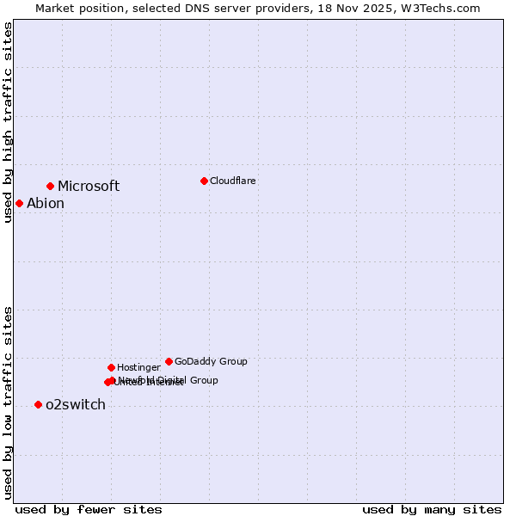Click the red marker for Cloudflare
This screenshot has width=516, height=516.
(x=204, y=181)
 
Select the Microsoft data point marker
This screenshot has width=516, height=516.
(x=51, y=186)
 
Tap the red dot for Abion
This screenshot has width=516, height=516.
(x=19, y=203)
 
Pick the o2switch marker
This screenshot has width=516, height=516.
(x=38, y=404)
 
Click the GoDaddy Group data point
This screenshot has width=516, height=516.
(x=169, y=361)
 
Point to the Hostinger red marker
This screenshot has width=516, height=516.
(x=111, y=367)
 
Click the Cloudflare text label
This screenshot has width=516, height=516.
(x=232, y=181)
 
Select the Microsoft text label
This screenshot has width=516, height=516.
(x=89, y=187)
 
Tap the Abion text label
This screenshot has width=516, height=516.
(x=46, y=204)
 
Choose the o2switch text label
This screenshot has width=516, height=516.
(x=76, y=405)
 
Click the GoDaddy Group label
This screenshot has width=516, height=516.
(x=211, y=361)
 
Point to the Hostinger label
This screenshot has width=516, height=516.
(x=138, y=367)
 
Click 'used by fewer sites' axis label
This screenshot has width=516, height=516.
(x=89, y=509)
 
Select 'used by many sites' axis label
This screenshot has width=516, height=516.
(x=432, y=509)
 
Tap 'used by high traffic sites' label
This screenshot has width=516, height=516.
(x=8, y=122)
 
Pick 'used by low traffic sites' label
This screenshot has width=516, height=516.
(x=8, y=402)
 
